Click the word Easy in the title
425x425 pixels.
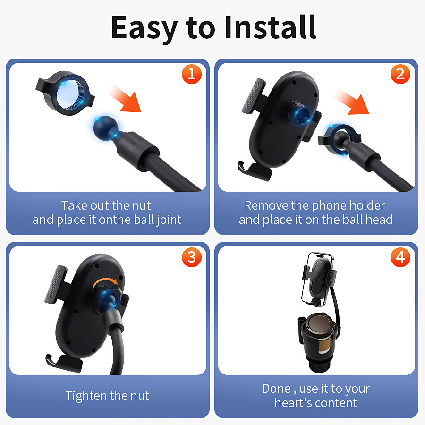pos(144,28)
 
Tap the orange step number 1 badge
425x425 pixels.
pos(191,75)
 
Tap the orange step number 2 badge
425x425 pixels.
pos(400,75)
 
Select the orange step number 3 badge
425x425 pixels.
pos(191,257)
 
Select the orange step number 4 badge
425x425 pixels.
pos(400,257)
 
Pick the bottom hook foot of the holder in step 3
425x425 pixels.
pos(64,362)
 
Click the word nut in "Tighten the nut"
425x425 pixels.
pos(138,396)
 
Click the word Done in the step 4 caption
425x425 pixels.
pos(276,389)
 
